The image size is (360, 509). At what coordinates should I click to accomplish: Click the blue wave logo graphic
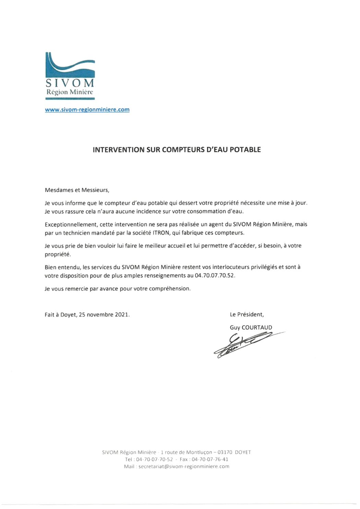click(70, 65)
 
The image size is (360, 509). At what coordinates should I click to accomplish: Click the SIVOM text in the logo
click(70, 83)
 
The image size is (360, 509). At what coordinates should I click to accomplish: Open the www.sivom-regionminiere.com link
click(87, 110)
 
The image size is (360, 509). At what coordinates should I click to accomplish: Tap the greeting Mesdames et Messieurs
click(77, 190)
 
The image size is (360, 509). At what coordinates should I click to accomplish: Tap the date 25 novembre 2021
click(104, 315)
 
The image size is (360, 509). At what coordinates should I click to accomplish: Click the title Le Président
click(247, 315)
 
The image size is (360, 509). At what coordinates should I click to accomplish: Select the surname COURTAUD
click(257, 328)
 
